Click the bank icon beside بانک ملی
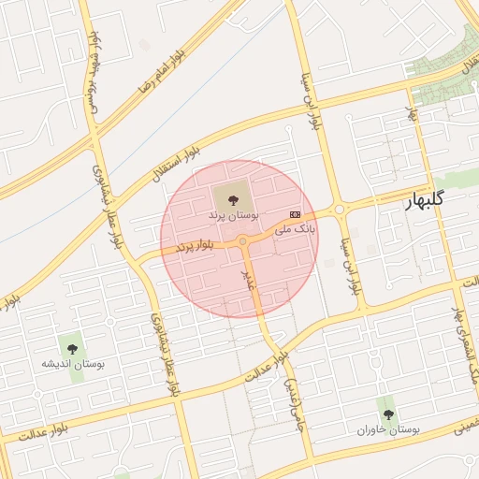tap(296, 214)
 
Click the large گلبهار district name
tap(437, 201)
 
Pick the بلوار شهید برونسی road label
tap(94, 70)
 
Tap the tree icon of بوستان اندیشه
tap(69, 346)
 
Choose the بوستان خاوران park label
tap(388, 428)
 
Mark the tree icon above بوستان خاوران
tap(388, 413)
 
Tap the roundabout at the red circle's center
tap(242, 241)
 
